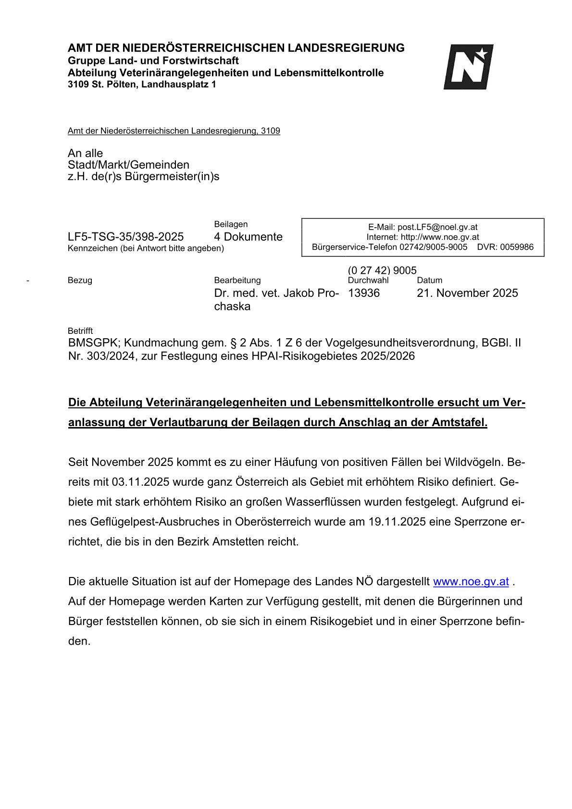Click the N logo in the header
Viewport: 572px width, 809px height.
click(x=468, y=67)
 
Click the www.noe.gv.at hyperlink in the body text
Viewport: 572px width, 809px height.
click(x=471, y=581)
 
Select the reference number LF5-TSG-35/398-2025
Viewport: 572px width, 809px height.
click(x=125, y=237)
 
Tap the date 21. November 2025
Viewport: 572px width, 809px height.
click(x=467, y=293)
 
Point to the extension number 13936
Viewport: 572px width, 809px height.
click(x=363, y=293)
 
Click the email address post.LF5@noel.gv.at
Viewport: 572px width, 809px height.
click(x=437, y=227)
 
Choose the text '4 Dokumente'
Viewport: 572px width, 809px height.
click(x=248, y=237)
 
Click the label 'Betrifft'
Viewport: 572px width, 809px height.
click(x=80, y=331)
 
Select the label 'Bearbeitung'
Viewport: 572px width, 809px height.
click(x=237, y=280)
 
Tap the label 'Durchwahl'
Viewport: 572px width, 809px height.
click(x=368, y=280)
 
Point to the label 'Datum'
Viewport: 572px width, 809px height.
click(x=429, y=280)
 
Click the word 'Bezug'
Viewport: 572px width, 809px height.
click(x=80, y=280)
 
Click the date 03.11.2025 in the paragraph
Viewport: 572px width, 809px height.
click(x=140, y=482)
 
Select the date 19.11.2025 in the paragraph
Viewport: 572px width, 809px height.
click(x=397, y=522)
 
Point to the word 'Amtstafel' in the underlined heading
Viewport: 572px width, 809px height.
click(x=459, y=423)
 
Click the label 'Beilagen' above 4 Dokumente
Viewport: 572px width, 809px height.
click(x=231, y=224)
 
